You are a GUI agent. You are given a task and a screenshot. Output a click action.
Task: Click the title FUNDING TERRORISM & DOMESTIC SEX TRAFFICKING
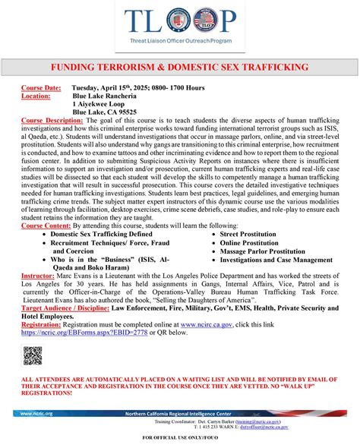pyautogui.click(x=179, y=68)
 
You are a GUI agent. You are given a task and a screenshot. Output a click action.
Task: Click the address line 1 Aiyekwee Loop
pyautogui.click(x=103, y=104)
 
